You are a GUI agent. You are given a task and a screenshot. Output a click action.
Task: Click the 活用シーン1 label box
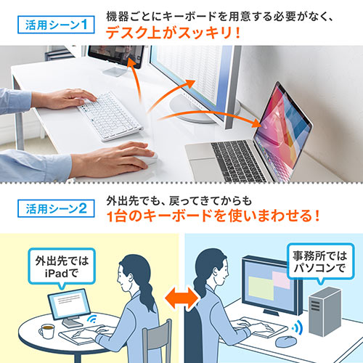[x=56, y=24]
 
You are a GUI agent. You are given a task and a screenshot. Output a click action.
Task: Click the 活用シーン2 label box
[x=56, y=207]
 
